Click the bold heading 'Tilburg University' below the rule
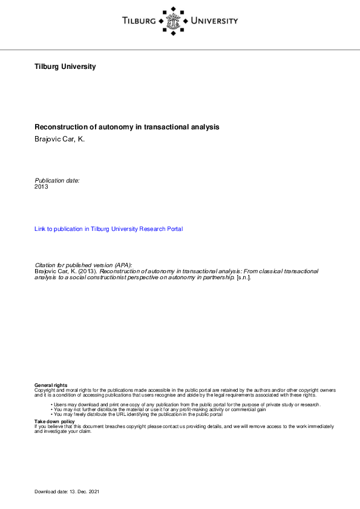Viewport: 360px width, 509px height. tap(65, 66)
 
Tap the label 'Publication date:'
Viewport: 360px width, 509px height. tap(57, 180)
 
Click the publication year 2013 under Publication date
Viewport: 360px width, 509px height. tap(42, 187)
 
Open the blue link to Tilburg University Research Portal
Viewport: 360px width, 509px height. tap(109, 229)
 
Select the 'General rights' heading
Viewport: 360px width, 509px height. tap(51, 385)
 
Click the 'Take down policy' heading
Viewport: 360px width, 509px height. tap(55, 421)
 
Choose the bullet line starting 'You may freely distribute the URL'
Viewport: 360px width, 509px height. tap(139, 414)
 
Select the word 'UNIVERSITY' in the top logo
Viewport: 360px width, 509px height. tap(214, 21)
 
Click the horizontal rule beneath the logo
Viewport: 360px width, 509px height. tap(180, 50)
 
